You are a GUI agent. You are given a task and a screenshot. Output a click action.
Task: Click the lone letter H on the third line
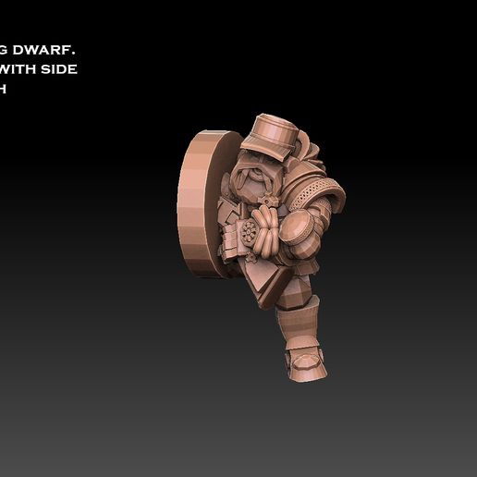(4, 89)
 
